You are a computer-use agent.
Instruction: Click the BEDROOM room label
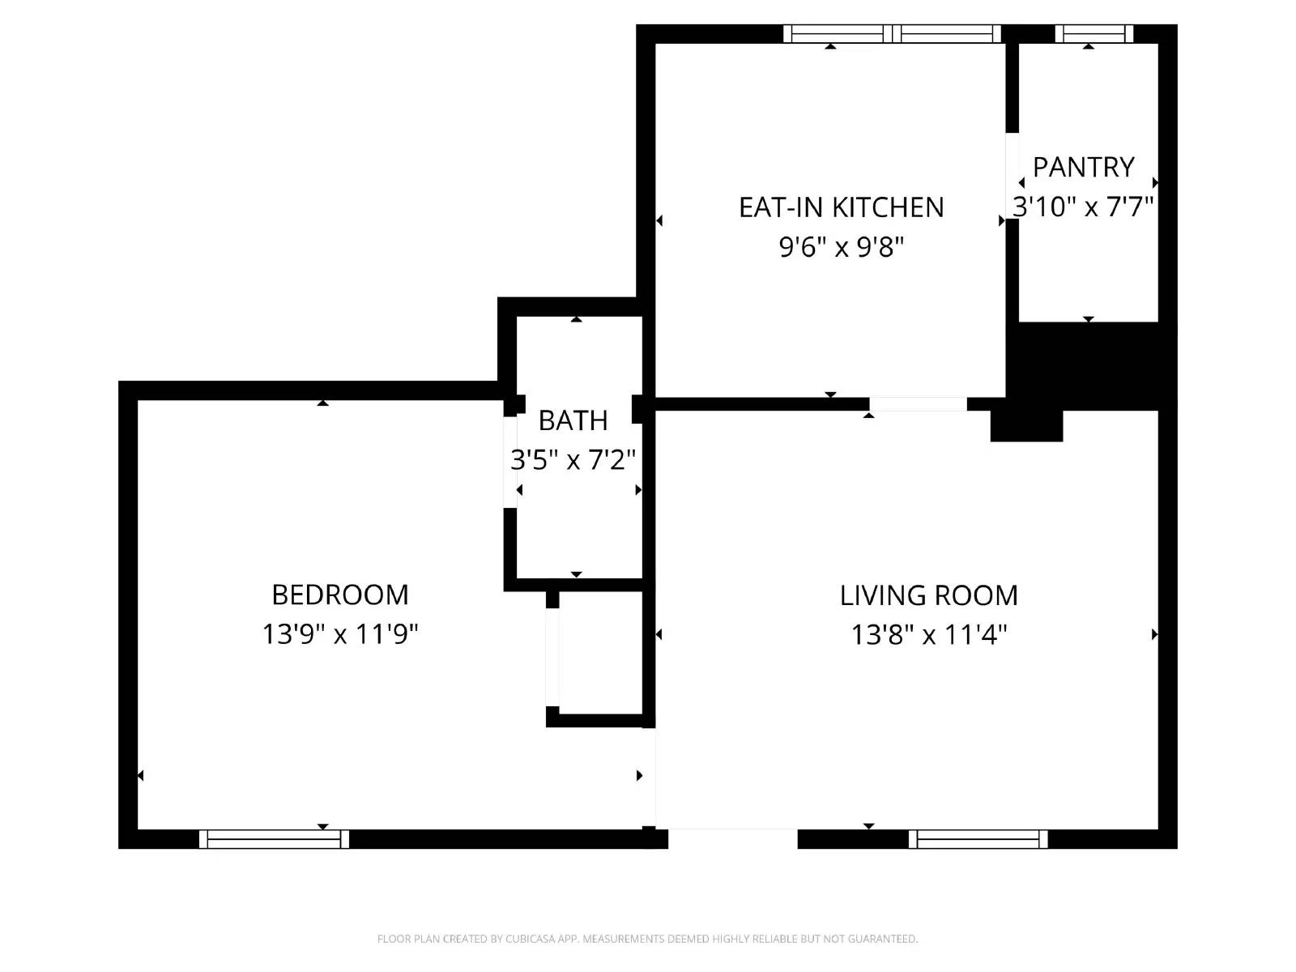(x=339, y=595)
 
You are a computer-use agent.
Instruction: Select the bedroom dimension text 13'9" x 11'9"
(x=339, y=633)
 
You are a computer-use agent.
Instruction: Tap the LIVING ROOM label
(x=928, y=595)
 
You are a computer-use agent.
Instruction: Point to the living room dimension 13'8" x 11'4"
(x=928, y=634)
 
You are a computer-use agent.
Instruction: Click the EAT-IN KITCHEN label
(x=841, y=207)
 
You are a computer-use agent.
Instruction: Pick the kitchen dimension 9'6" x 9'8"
(x=841, y=246)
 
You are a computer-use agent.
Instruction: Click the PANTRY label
(x=1083, y=167)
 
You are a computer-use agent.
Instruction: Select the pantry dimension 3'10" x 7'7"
(x=1083, y=207)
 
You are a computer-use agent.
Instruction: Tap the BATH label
(x=573, y=420)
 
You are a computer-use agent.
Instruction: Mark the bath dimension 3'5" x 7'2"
(x=573, y=460)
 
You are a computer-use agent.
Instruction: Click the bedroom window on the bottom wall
(x=274, y=839)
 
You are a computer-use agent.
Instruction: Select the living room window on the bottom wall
(x=978, y=839)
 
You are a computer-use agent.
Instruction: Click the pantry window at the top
(x=1093, y=33)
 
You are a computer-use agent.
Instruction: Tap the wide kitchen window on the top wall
(x=892, y=33)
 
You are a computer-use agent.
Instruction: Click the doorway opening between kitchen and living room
(x=918, y=403)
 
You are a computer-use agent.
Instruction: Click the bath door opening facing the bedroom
(x=510, y=462)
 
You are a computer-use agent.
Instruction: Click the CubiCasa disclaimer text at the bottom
(x=647, y=939)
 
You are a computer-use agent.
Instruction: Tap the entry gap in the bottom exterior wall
(x=732, y=838)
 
